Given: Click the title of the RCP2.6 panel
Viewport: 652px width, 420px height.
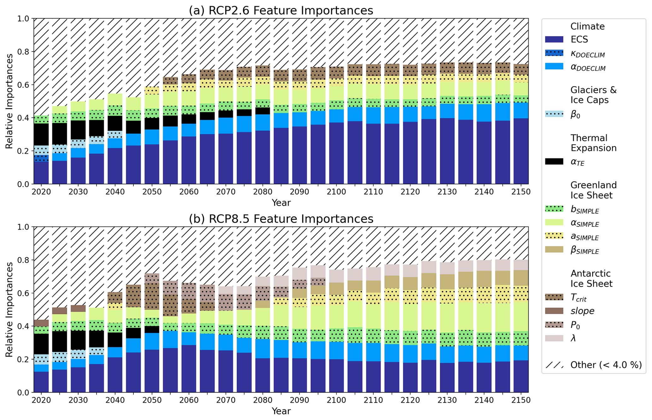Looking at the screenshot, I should pos(281,10).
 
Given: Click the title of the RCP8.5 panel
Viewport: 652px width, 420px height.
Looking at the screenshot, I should pos(281,219).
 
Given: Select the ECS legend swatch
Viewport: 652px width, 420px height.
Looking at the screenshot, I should pos(554,39).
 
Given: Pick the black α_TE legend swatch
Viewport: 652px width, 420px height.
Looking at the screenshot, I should pos(554,161).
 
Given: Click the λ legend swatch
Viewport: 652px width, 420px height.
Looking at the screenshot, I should pos(554,338).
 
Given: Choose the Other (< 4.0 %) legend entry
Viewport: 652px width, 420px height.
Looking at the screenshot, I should pos(606,365).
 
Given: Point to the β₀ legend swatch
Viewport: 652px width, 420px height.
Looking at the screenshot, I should pos(554,114).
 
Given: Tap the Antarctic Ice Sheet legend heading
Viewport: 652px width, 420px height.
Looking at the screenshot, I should pos(591,278).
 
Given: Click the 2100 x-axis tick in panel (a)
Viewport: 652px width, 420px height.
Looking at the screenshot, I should pos(336,192).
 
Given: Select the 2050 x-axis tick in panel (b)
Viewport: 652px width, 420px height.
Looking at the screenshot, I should pos(152,400).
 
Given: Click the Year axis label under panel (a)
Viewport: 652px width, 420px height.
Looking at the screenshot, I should pos(281,203).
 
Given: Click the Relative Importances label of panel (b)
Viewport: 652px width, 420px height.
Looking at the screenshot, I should pos(9,309).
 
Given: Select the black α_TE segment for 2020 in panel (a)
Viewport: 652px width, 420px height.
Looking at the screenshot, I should pos(41,134).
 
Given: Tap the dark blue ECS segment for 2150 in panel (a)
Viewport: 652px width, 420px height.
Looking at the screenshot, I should pos(521,151).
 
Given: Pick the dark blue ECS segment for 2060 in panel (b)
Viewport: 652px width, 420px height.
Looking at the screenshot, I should pos(189,369).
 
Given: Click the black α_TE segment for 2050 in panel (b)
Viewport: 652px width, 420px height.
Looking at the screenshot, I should pos(152,330).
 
